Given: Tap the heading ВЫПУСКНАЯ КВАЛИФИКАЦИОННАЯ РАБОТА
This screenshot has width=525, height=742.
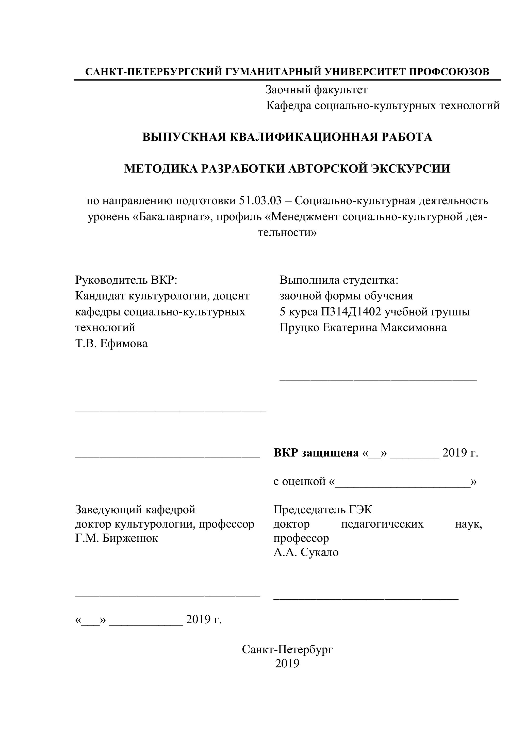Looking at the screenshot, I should [287, 137].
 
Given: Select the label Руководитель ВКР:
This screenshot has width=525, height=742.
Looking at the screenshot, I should [126, 280].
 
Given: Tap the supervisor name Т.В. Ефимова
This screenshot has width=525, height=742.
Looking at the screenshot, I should [111, 343].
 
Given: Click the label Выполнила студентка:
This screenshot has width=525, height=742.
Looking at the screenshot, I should [339, 280].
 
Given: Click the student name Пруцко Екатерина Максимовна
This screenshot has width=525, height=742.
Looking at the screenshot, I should [363, 327].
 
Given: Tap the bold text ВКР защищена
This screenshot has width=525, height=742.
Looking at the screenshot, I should [316, 453].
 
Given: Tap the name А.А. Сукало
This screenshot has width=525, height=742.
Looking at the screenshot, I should [306, 552].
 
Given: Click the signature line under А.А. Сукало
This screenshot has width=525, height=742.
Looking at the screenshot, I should [366, 599].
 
